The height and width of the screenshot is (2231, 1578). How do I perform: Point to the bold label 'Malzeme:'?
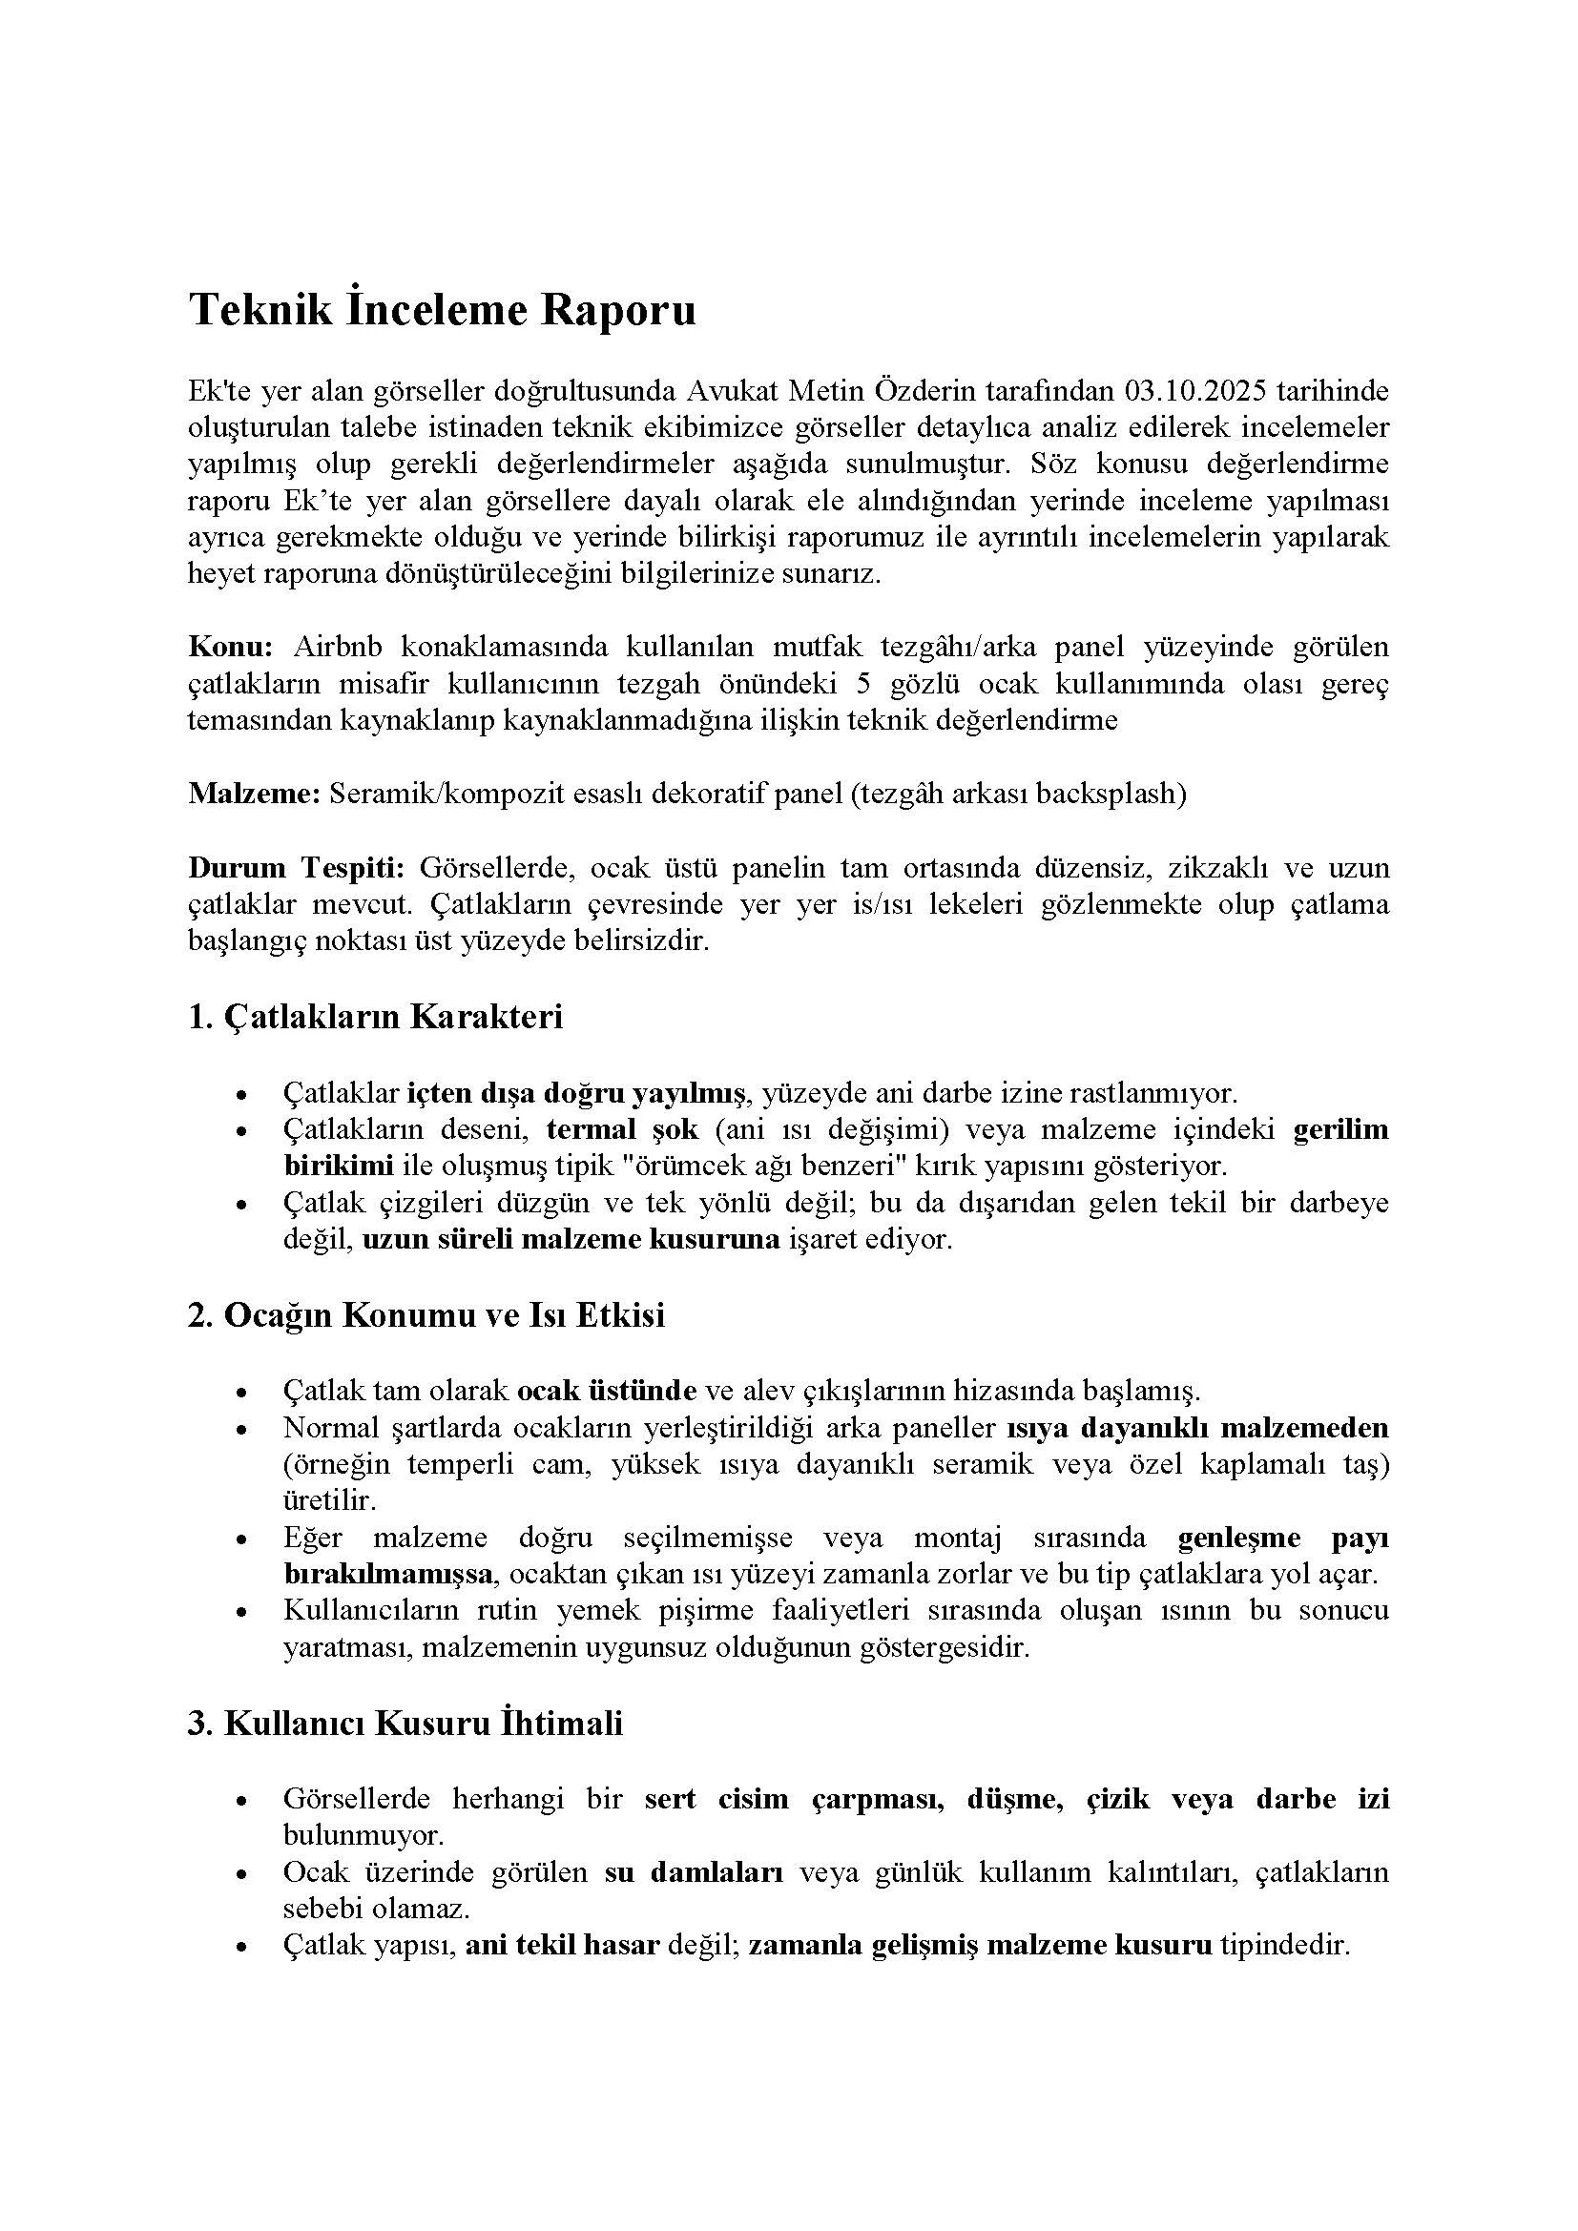click(254, 794)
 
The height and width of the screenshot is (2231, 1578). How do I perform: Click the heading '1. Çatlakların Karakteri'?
click(375, 1018)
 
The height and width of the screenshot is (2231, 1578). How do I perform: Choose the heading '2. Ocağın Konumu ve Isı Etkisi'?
click(426, 1315)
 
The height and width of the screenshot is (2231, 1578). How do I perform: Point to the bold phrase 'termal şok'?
click(622, 1130)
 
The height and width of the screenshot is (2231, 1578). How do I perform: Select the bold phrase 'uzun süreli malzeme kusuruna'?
click(571, 1240)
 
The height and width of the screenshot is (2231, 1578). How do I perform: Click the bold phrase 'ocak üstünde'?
click(607, 1392)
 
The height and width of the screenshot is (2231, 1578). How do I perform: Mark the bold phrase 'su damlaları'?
click(694, 1872)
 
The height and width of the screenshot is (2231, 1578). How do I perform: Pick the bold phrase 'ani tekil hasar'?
click(563, 1945)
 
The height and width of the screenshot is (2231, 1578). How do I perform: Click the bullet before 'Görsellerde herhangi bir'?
click(242, 1801)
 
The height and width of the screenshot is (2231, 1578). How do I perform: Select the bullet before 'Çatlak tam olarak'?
click(242, 1393)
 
